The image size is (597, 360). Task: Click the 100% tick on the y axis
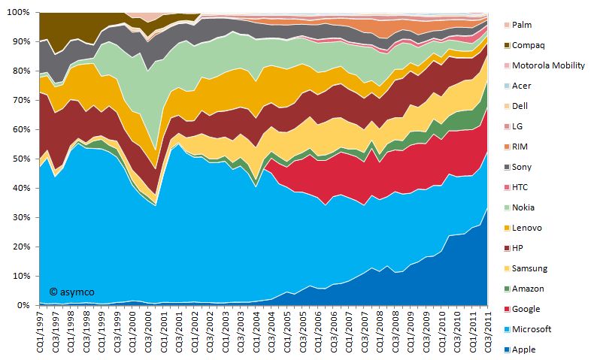point(19,13)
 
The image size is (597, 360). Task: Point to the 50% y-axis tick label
point(21,159)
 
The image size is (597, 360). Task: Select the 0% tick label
point(23,306)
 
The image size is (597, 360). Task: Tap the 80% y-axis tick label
point(21,71)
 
